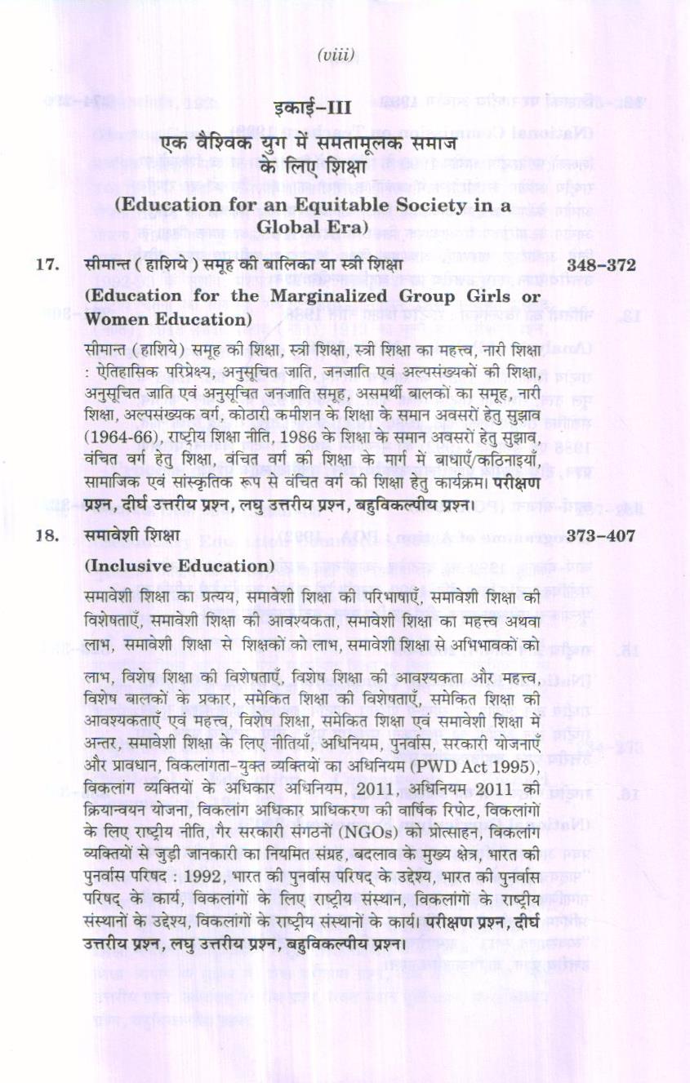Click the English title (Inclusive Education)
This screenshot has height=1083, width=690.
click(x=179, y=566)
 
